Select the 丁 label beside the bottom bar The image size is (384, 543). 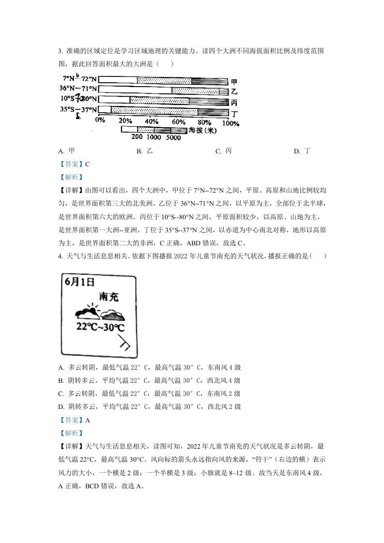pos(234,114)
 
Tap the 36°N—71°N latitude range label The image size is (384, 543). pos(78,89)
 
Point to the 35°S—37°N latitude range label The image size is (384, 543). pos(79,110)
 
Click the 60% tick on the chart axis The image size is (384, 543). pos(178,121)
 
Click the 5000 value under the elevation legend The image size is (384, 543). pos(173,138)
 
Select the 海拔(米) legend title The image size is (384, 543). pos(202,130)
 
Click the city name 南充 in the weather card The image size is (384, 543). pos(108,296)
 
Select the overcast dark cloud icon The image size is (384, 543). pos(112,315)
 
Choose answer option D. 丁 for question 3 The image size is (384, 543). pos(302,151)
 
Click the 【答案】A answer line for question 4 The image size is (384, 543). pos(74,420)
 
